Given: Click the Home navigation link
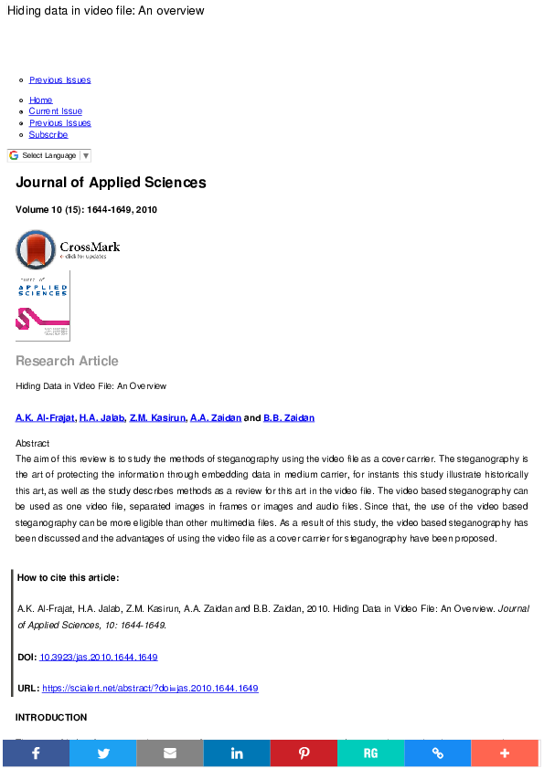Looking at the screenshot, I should (x=40, y=100).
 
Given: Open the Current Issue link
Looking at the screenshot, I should (x=55, y=111).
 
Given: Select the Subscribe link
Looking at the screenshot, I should (x=48, y=134).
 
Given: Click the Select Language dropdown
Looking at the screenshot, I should (x=49, y=156).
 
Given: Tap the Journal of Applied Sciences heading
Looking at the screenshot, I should (x=111, y=183).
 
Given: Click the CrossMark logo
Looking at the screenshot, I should (x=68, y=248).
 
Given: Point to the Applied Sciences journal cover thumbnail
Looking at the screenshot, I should (x=43, y=306).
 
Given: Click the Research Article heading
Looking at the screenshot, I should (x=67, y=361).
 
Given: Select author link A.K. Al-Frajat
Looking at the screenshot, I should (x=45, y=418).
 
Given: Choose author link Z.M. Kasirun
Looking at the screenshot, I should (x=157, y=418).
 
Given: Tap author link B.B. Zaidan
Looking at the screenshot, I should (x=289, y=418).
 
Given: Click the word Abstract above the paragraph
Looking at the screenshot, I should (x=33, y=443).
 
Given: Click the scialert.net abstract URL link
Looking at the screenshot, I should (x=150, y=688).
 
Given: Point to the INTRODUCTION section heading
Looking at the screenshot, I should (x=51, y=718).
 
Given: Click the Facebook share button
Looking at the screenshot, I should (x=35, y=753).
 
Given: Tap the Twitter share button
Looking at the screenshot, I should (x=102, y=753).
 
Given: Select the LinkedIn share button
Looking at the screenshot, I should (x=237, y=753).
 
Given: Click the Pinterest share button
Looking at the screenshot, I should (x=304, y=753).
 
